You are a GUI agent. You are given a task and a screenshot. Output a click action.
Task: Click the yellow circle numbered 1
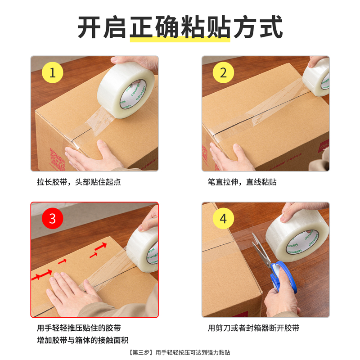52,72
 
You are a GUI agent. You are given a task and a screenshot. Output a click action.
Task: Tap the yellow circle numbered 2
224,72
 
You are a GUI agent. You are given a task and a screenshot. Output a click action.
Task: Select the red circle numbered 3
52,218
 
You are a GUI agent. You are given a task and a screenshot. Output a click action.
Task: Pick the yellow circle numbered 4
224,218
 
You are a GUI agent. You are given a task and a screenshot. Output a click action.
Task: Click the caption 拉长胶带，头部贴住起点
79,182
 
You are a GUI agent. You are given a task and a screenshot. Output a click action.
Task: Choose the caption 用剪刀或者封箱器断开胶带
253,328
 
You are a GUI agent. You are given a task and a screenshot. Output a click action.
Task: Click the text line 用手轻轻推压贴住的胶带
79,328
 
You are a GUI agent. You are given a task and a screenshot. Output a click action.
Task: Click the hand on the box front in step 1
88,155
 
